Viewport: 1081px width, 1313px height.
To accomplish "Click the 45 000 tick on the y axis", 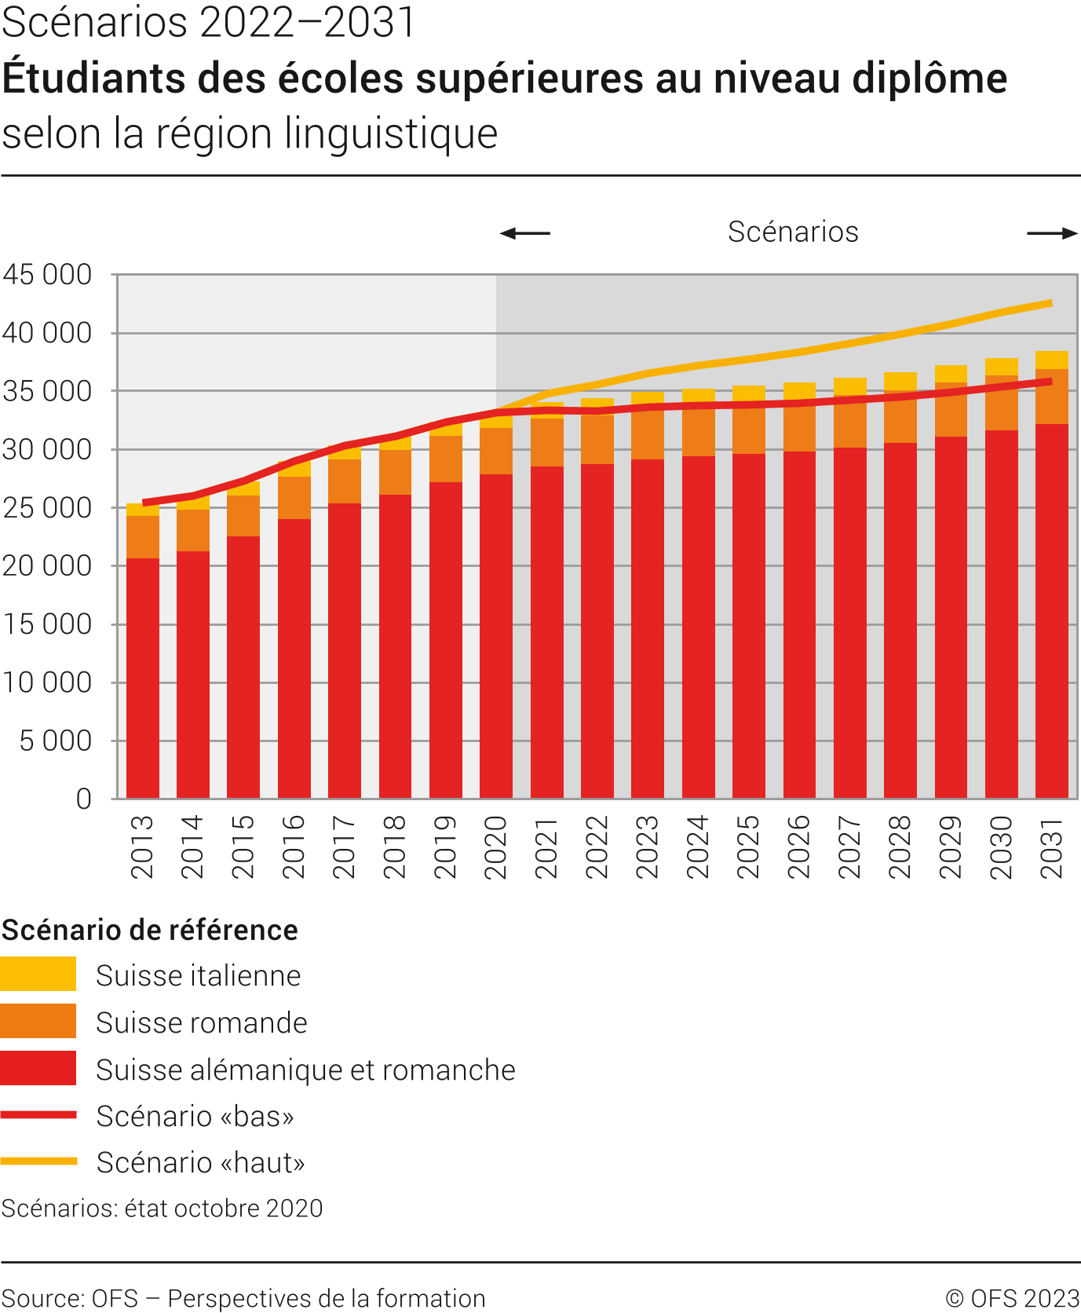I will (x=47, y=275).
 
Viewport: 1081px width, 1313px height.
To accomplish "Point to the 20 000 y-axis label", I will (x=47, y=566).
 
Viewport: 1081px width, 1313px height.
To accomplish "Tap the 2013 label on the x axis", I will (x=142, y=847).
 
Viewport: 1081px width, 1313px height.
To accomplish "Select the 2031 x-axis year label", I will (x=1051, y=847).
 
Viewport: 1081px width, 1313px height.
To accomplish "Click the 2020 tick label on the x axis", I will (x=495, y=847).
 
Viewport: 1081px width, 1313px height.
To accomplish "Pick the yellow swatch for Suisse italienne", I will (x=38, y=974).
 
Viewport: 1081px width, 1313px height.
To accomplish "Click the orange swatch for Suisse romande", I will (x=38, y=1021).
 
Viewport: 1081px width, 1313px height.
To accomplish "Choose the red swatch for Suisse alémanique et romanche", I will (x=38, y=1068).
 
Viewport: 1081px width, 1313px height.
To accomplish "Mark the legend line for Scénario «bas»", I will (x=38, y=1115).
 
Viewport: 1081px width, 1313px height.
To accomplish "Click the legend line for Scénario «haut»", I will (x=38, y=1161).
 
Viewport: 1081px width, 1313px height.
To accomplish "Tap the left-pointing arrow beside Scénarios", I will (x=525, y=233).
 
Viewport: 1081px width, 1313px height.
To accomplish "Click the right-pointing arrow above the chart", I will (x=1052, y=233).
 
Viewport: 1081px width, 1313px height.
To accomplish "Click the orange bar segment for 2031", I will (x=1052, y=397).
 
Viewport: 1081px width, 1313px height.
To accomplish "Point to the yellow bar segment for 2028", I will (x=900, y=381).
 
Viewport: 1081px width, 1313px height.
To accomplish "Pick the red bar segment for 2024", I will (x=699, y=628).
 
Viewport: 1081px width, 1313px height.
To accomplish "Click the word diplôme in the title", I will (x=929, y=79).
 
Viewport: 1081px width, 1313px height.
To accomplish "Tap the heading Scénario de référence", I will (x=150, y=930).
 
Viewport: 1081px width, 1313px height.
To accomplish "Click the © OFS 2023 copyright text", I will (x=1012, y=1298).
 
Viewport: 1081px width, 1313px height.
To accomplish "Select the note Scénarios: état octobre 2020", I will (x=162, y=1208).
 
